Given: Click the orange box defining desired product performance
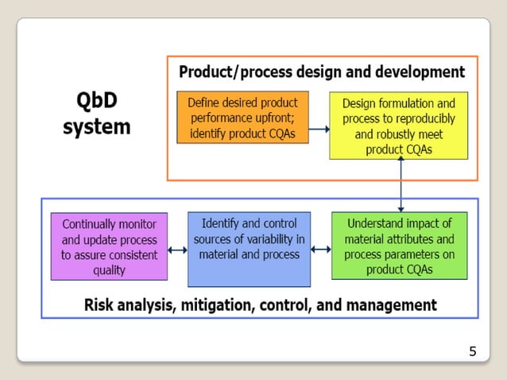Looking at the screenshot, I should pos(242,117).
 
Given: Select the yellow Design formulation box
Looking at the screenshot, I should pos(398,126).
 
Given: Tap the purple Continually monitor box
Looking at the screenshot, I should pos(109,246).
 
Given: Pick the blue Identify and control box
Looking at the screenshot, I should pos(249,249).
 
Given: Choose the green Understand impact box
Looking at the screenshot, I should pos(398,246).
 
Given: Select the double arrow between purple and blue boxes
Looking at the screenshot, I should pos(177,251).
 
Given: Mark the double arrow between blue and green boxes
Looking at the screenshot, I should pos(320,250).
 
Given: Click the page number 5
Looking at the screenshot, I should pos(473,351).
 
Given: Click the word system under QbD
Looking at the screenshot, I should pos(97,127).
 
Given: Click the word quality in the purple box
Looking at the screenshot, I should pos(109,270).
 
